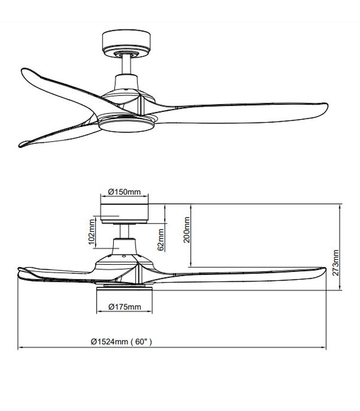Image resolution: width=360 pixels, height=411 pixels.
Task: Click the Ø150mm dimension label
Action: tap(124, 192)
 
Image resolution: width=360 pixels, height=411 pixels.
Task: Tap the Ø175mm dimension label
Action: tap(125, 307)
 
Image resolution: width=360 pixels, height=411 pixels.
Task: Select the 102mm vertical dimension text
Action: tap(92, 231)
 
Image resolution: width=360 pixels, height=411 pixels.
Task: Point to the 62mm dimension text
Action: tap(161, 239)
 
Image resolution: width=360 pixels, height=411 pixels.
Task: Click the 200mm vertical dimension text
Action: tap(187, 229)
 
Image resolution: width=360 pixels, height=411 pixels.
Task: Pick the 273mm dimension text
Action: tap(336, 263)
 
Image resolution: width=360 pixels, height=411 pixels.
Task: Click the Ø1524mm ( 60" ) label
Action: tap(121, 341)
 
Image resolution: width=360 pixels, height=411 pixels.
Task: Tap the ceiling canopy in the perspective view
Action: tap(126, 41)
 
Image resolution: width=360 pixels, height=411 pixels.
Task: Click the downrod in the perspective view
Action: tap(126, 64)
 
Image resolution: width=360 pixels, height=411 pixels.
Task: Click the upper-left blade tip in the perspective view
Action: tap(23, 72)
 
